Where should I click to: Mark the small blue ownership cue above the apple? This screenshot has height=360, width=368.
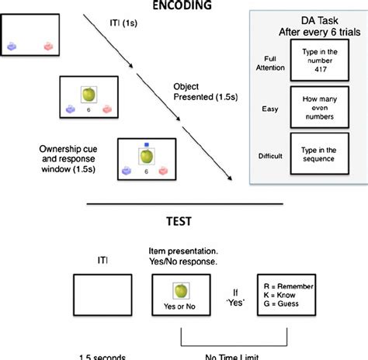tap(145, 144)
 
